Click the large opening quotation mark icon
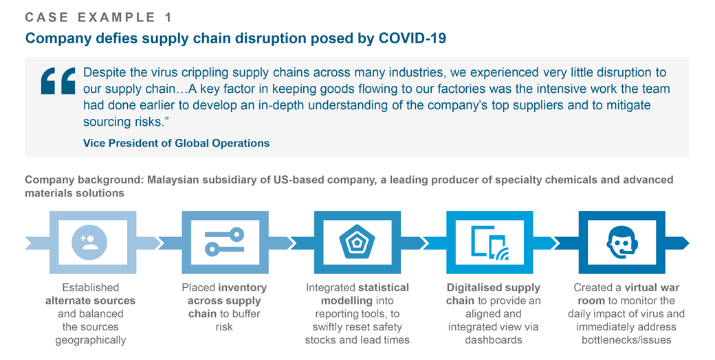(58, 80)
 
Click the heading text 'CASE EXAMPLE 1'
(99, 16)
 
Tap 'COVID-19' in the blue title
(412, 38)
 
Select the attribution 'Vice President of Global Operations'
(176, 143)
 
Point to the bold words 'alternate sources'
(90, 300)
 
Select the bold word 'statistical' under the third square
(384, 287)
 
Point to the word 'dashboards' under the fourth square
(494, 339)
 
